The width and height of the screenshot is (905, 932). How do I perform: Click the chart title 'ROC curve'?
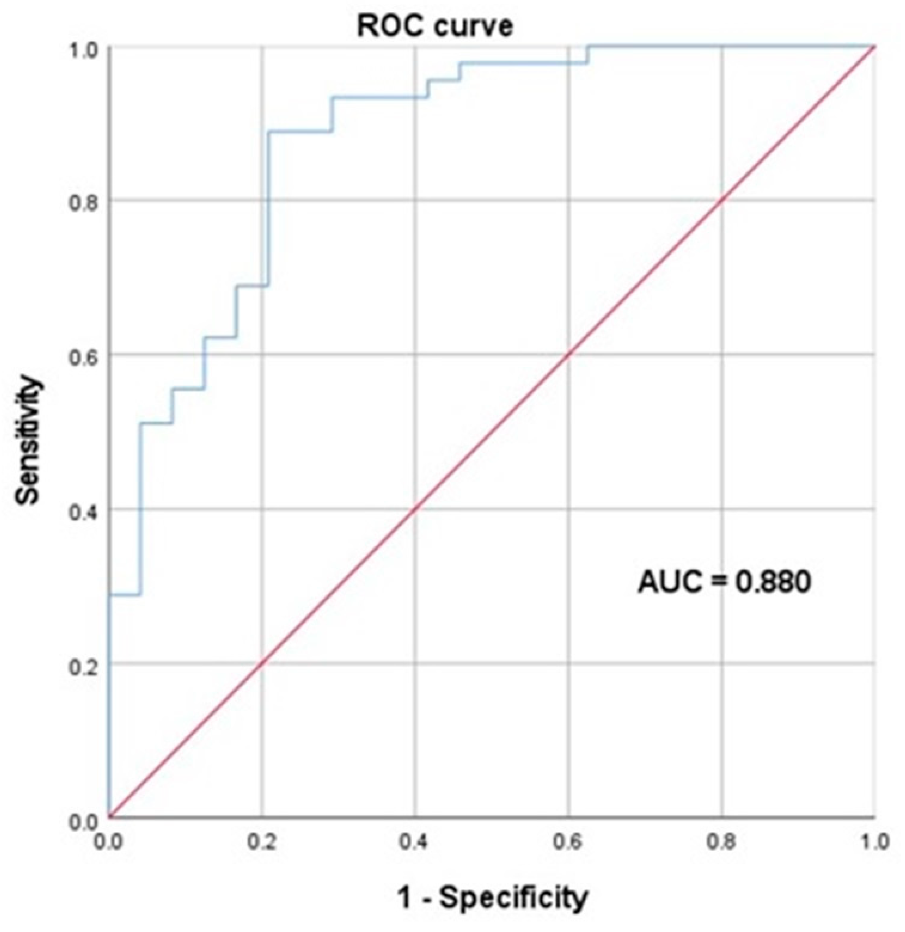[435, 26]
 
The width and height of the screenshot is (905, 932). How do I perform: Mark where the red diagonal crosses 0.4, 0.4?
[415, 509]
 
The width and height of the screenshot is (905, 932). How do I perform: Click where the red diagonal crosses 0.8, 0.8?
[721, 200]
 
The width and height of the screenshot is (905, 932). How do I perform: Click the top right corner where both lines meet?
[875, 46]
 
